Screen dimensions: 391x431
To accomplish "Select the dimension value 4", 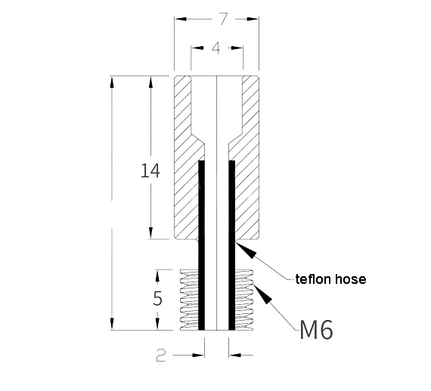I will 215,48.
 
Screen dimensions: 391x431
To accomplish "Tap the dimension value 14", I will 150,171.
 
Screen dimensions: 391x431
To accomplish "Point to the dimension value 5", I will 157,298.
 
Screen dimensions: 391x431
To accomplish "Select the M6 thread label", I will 317,329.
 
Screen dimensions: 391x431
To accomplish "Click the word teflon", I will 311,279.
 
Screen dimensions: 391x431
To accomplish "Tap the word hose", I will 349,279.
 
